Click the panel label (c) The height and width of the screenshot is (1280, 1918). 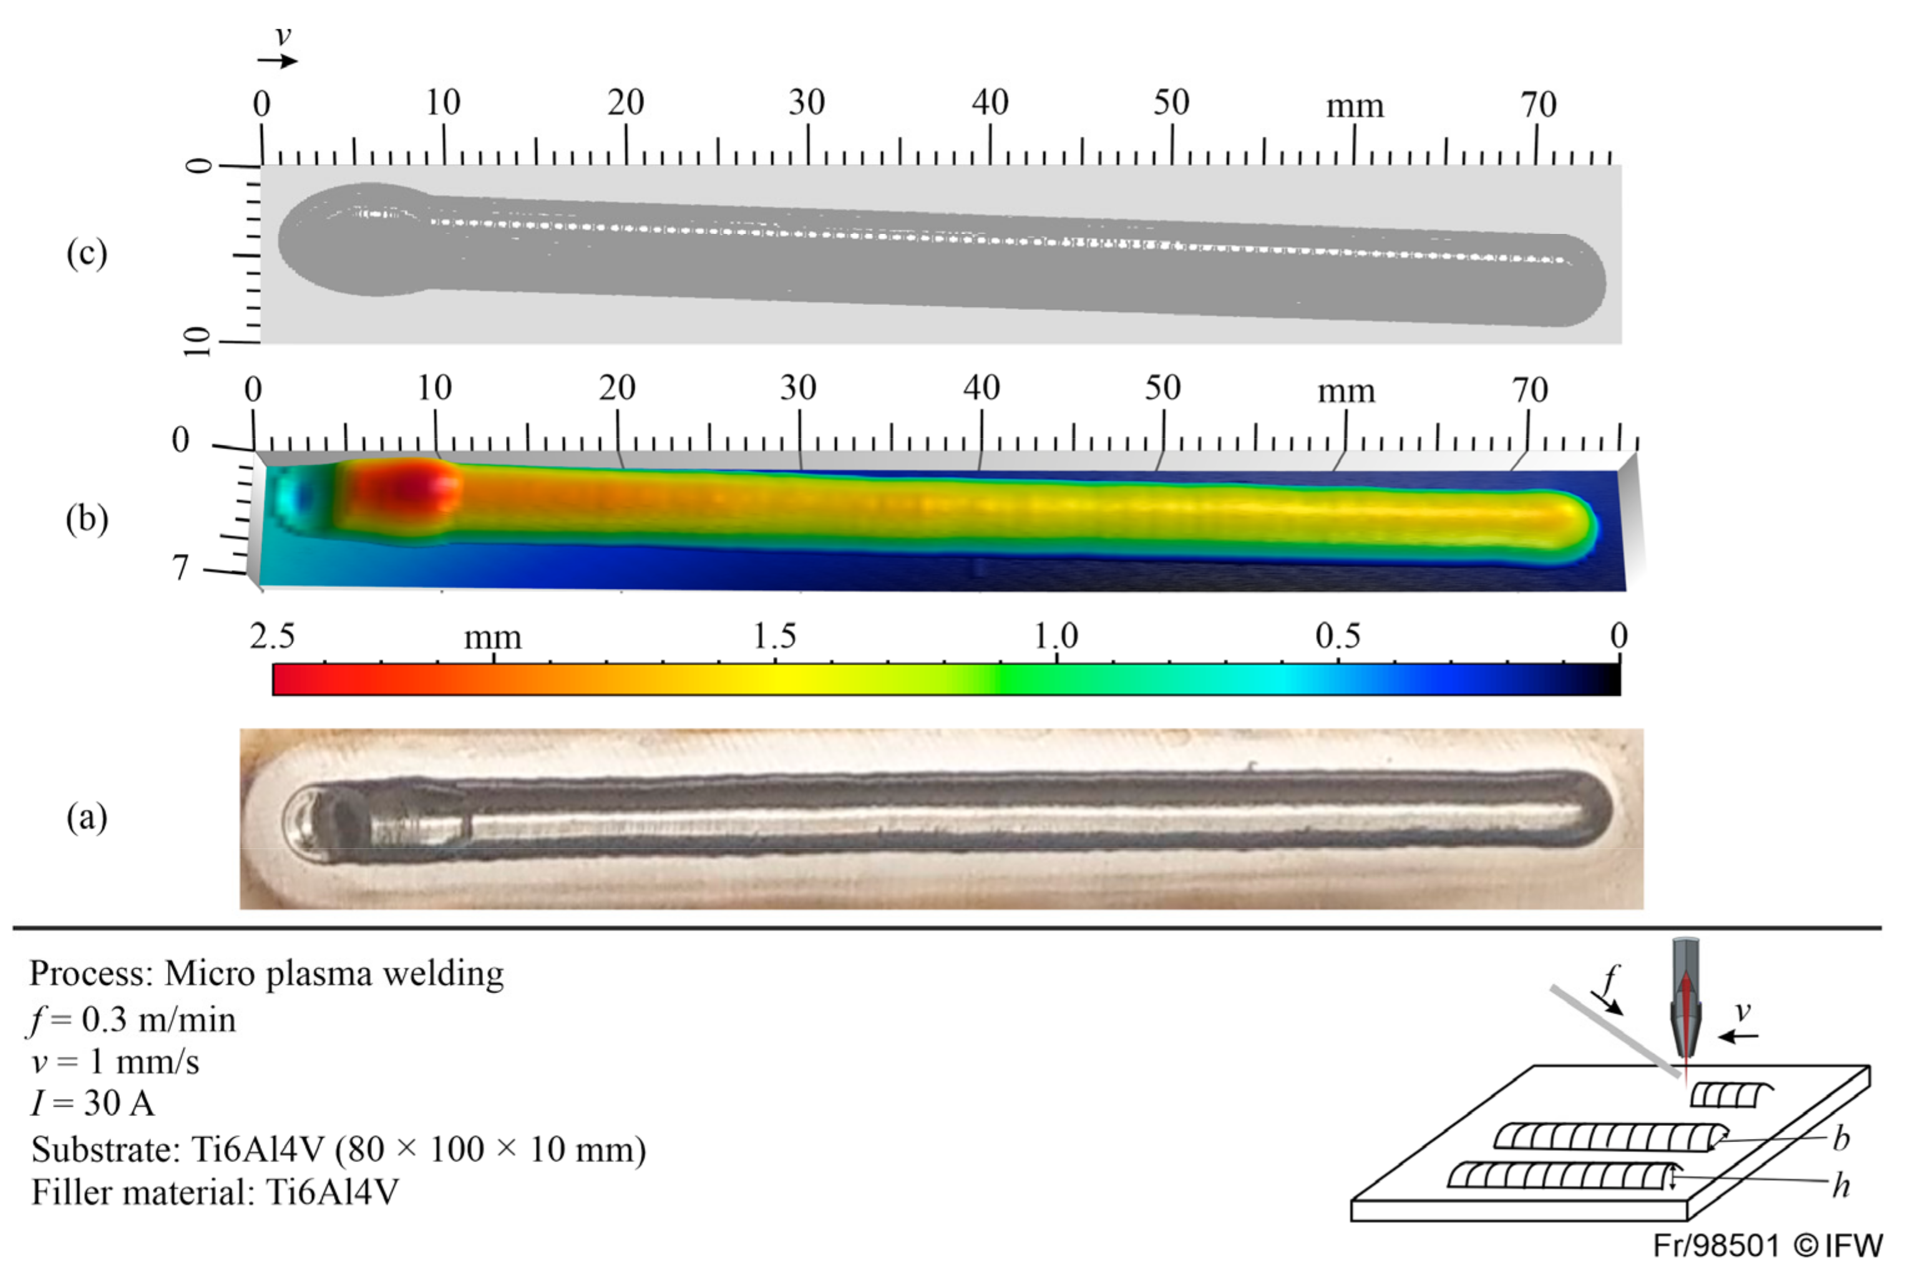tap(87, 253)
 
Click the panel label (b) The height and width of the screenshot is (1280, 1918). tap(87, 518)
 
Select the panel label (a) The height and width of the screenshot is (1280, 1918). tap(87, 817)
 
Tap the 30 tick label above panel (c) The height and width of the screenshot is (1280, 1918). tap(807, 102)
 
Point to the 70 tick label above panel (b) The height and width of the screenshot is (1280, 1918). tap(1529, 390)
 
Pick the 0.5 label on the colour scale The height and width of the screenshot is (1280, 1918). tap(1338, 636)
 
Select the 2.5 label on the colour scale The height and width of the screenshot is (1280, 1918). tap(273, 636)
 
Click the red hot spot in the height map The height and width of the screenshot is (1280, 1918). tap(408, 488)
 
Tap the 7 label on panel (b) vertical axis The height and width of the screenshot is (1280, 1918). tap(180, 568)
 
